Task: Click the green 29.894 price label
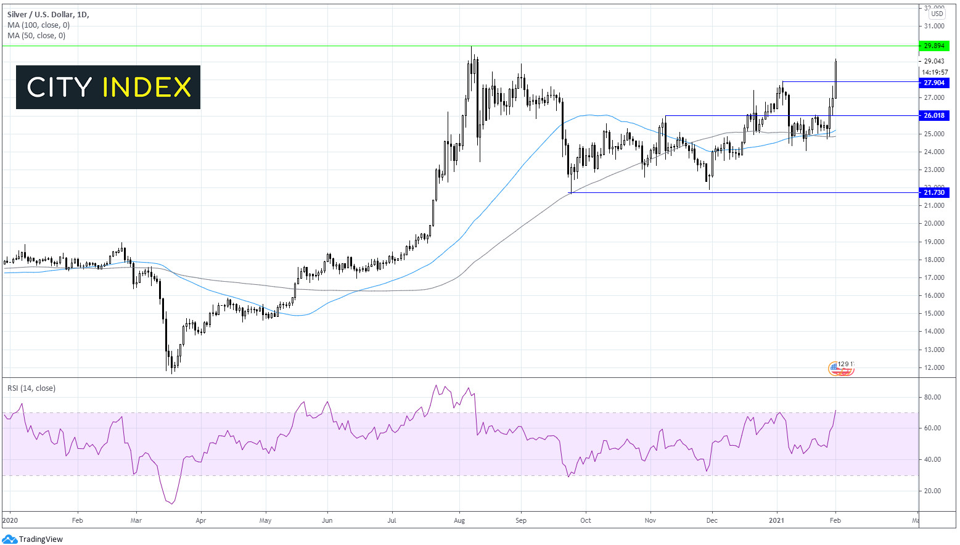pos(934,46)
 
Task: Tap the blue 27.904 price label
pos(934,83)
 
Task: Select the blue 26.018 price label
pos(934,115)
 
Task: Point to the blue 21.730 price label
pos(934,192)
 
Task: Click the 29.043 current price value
pos(934,61)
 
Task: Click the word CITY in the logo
pos(60,88)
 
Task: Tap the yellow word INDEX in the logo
pos(147,88)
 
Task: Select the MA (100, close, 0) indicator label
pos(38,25)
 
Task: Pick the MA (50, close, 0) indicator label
pos(36,36)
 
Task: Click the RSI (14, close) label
pos(31,388)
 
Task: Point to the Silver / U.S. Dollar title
pos(47,14)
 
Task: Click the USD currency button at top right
pos(937,14)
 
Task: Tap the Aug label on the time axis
pos(459,520)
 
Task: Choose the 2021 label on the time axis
pos(776,520)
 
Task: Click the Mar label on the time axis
pos(136,520)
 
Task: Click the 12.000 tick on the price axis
pos(934,367)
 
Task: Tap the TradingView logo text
pos(41,539)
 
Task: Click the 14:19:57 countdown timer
pos(935,72)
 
